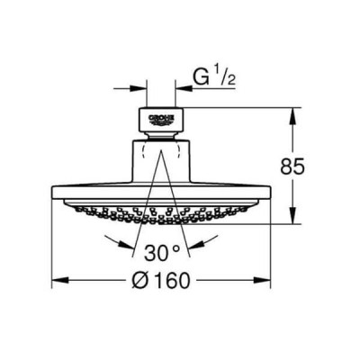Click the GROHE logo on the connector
161,119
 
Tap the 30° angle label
162,253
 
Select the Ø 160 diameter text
161,280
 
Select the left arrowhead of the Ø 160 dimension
61,280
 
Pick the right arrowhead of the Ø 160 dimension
262,280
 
